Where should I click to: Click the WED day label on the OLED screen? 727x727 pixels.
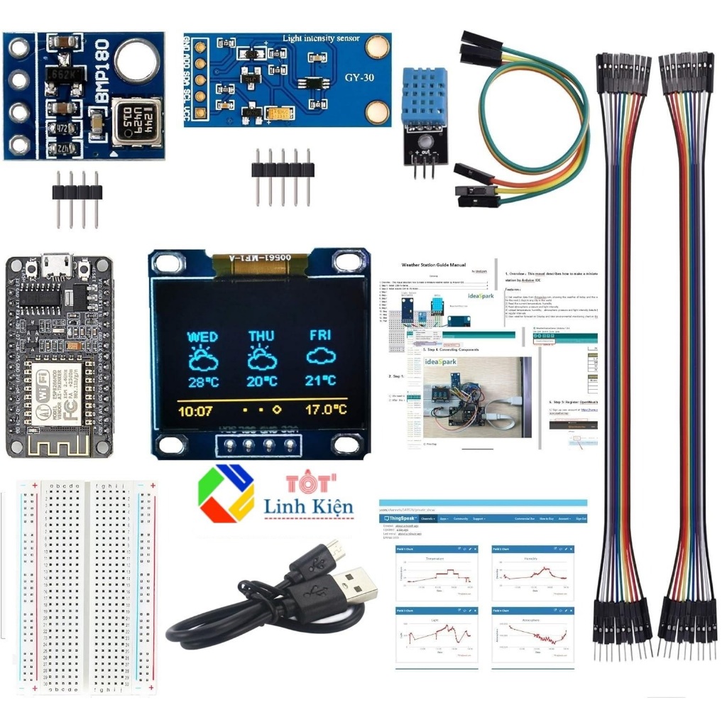point(202,336)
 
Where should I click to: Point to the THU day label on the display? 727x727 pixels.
point(262,336)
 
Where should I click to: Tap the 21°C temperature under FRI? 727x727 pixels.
point(321,381)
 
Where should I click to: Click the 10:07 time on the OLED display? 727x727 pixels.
point(195,410)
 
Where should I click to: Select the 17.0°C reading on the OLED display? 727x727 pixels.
point(326,410)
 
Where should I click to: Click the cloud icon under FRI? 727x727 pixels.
point(321,356)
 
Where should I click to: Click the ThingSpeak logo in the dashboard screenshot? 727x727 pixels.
point(400,519)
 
